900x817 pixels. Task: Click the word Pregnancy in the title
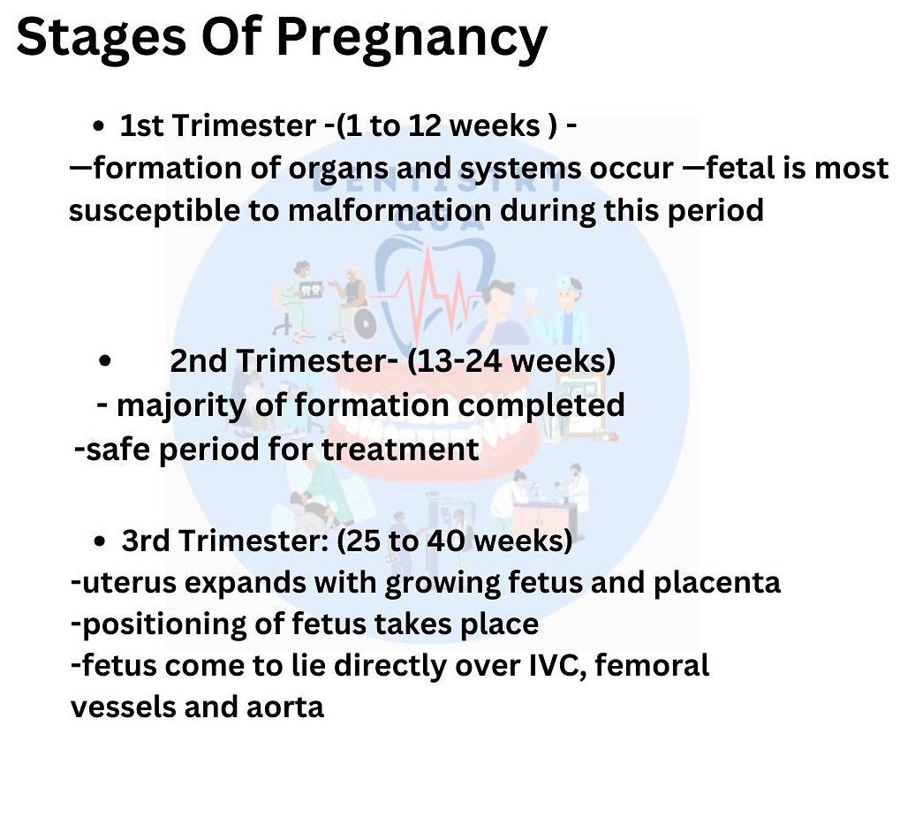click(412, 39)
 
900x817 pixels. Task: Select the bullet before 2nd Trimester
click(104, 361)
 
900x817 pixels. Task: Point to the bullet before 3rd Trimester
click(99, 541)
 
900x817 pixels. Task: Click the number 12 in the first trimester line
click(426, 125)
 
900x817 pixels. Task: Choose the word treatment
click(400, 449)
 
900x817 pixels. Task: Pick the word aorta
click(285, 707)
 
